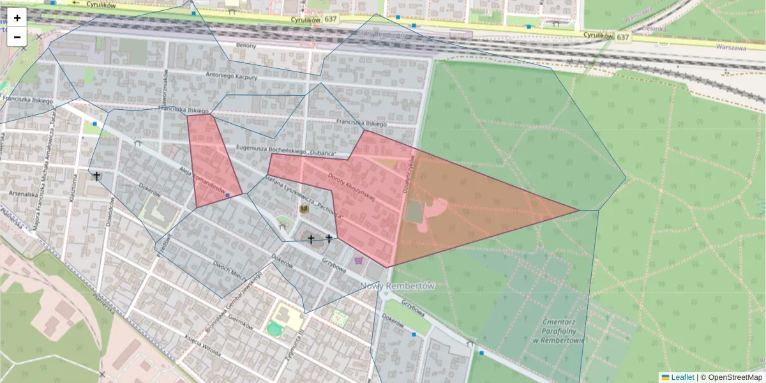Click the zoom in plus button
click(17, 18)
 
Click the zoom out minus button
click(17, 37)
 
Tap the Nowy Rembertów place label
click(397, 286)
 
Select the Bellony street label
click(246, 46)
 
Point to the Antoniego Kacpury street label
click(231, 76)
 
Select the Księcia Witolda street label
click(202, 345)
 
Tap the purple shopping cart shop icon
click(359, 260)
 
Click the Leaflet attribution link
click(682, 377)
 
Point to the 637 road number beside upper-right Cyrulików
click(622, 37)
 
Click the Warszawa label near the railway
click(731, 47)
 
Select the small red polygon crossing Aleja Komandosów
click(214, 160)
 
